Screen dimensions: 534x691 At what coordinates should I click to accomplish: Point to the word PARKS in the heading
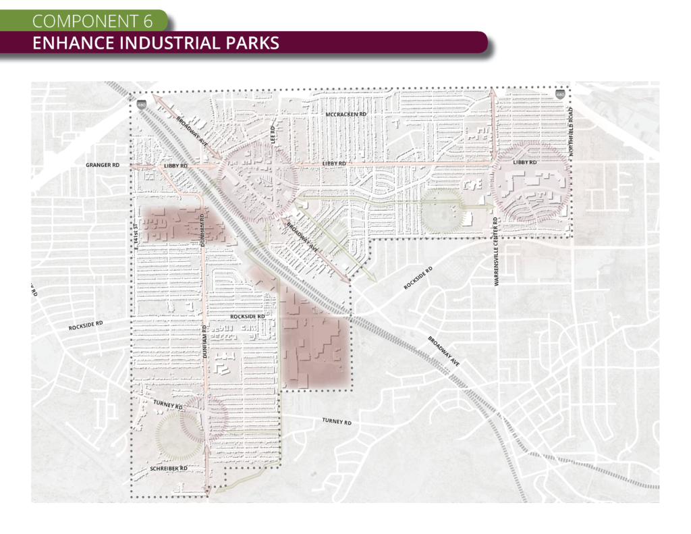pyautogui.click(x=252, y=44)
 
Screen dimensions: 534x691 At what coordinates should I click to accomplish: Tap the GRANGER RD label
pyautogui.click(x=103, y=165)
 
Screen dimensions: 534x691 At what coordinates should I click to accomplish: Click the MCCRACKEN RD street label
pyautogui.click(x=345, y=115)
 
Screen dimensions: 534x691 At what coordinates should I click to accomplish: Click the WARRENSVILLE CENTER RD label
pyautogui.click(x=496, y=252)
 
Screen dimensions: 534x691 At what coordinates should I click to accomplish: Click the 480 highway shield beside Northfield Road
pyautogui.click(x=560, y=95)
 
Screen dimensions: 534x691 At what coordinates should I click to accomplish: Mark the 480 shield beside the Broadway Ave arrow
pyautogui.click(x=141, y=105)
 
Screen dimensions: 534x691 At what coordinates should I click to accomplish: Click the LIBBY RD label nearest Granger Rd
pyautogui.click(x=175, y=165)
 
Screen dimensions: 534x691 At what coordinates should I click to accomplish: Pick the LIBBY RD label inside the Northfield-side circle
pyautogui.click(x=524, y=163)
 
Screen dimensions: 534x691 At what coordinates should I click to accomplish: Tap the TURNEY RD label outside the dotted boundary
pyautogui.click(x=337, y=421)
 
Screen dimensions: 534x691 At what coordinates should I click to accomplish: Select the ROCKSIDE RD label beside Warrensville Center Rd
pyautogui.click(x=418, y=277)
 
